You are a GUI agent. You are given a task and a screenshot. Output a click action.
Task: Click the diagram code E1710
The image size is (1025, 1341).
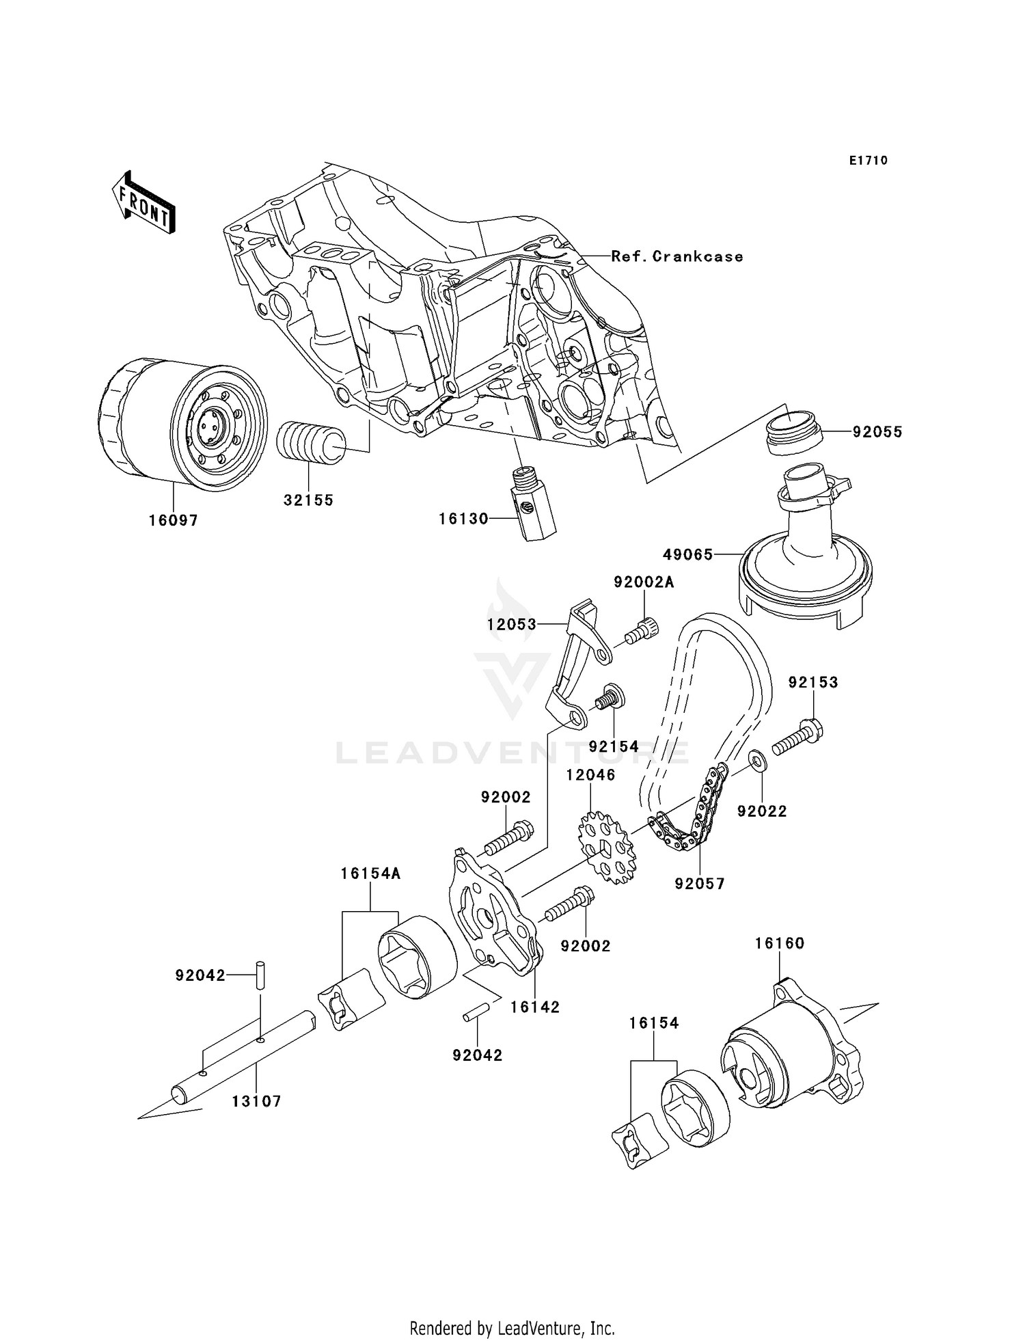point(868,161)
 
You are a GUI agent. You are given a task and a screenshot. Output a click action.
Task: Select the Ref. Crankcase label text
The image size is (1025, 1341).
point(676,256)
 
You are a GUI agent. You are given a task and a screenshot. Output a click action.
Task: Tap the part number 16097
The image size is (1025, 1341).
point(174,521)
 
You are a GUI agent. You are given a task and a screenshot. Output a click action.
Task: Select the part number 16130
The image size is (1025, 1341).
point(463,519)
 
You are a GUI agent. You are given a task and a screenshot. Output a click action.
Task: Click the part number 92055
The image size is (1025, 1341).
point(877,432)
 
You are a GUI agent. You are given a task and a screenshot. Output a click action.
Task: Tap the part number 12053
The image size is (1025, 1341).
point(511,624)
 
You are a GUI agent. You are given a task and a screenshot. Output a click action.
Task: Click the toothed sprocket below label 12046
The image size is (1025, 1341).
point(606,844)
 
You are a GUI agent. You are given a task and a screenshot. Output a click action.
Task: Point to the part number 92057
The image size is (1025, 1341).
point(700,884)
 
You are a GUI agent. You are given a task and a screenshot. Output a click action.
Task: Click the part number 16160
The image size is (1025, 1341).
point(780,943)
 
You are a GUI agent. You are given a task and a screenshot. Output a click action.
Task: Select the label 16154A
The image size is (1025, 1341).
point(371,873)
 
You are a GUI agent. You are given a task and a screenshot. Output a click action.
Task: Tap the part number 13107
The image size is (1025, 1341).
point(256,1101)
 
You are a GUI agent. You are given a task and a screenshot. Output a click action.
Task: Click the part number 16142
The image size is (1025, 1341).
point(535,1007)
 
